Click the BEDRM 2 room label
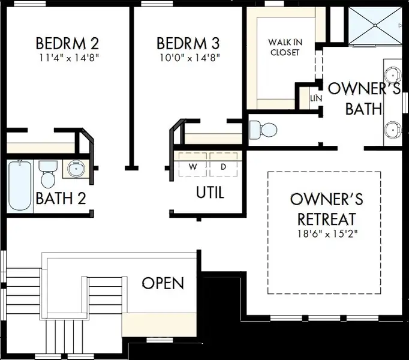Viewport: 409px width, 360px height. pyautogui.click(x=67, y=44)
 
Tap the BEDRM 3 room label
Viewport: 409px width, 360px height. pyautogui.click(x=188, y=43)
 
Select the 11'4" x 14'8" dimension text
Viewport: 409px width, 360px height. pyautogui.click(x=69, y=58)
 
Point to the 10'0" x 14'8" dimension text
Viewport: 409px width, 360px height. pyautogui.click(x=190, y=58)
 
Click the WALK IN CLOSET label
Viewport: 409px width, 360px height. pyautogui.click(x=285, y=47)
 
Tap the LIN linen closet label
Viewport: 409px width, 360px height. pyautogui.click(x=316, y=98)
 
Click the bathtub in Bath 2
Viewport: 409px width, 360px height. pyautogui.click(x=20, y=185)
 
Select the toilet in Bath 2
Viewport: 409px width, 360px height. pyautogui.click(x=48, y=174)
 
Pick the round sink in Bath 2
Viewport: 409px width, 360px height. pyautogui.click(x=76, y=169)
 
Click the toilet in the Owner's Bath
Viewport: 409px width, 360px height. pyautogui.click(x=263, y=129)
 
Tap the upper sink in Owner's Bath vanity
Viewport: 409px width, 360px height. pyautogui.click(x=393, y=75)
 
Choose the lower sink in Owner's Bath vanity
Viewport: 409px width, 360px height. pyautogui.click(x=393, y=130)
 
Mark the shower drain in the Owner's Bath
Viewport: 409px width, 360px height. pyautogui.click(x=375, y=25)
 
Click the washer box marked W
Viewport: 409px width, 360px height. pyautogui.click(x=193, y=164)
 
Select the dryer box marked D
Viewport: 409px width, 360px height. pyautogui.click(x=224, y=164)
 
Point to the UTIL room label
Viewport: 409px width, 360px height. pyautogui.click(x=210, y=193)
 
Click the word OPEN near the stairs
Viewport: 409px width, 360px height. pyautogui.click(x=163, y=283)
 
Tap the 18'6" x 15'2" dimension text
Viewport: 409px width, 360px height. pyautogui.click(x=327, y=233)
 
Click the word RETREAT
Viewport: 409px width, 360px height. pyautogui.click(x=327, y=219)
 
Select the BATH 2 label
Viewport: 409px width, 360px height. pyautogui.click(x=61, y=198)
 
